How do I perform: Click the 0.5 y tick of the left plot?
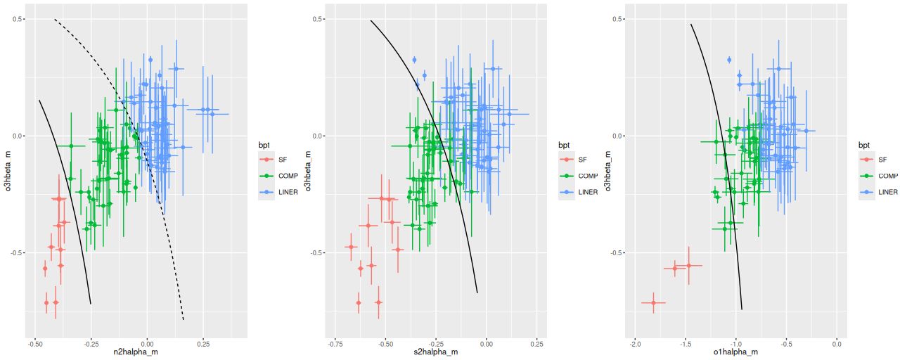tap(18, 19)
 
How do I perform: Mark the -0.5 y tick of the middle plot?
tap(317, 252)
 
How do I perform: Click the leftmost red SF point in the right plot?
tap(653, 302)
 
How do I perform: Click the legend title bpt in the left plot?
tap(264, 145)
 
